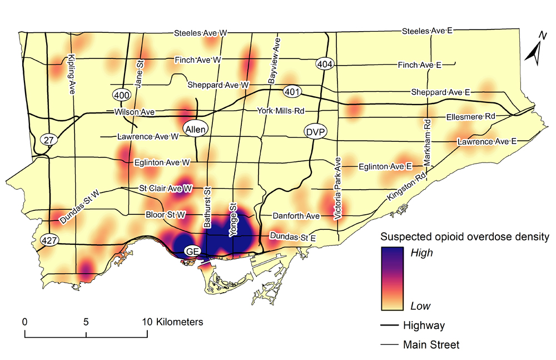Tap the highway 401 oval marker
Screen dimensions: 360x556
point(292,91)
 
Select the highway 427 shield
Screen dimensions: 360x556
point(49,240)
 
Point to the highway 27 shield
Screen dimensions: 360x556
point(49,140)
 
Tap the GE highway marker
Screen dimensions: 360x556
point(193,251)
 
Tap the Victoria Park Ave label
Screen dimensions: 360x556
point(337,189)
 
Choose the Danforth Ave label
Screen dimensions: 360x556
point(296,215)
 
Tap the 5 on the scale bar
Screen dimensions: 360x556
point(86,322)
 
